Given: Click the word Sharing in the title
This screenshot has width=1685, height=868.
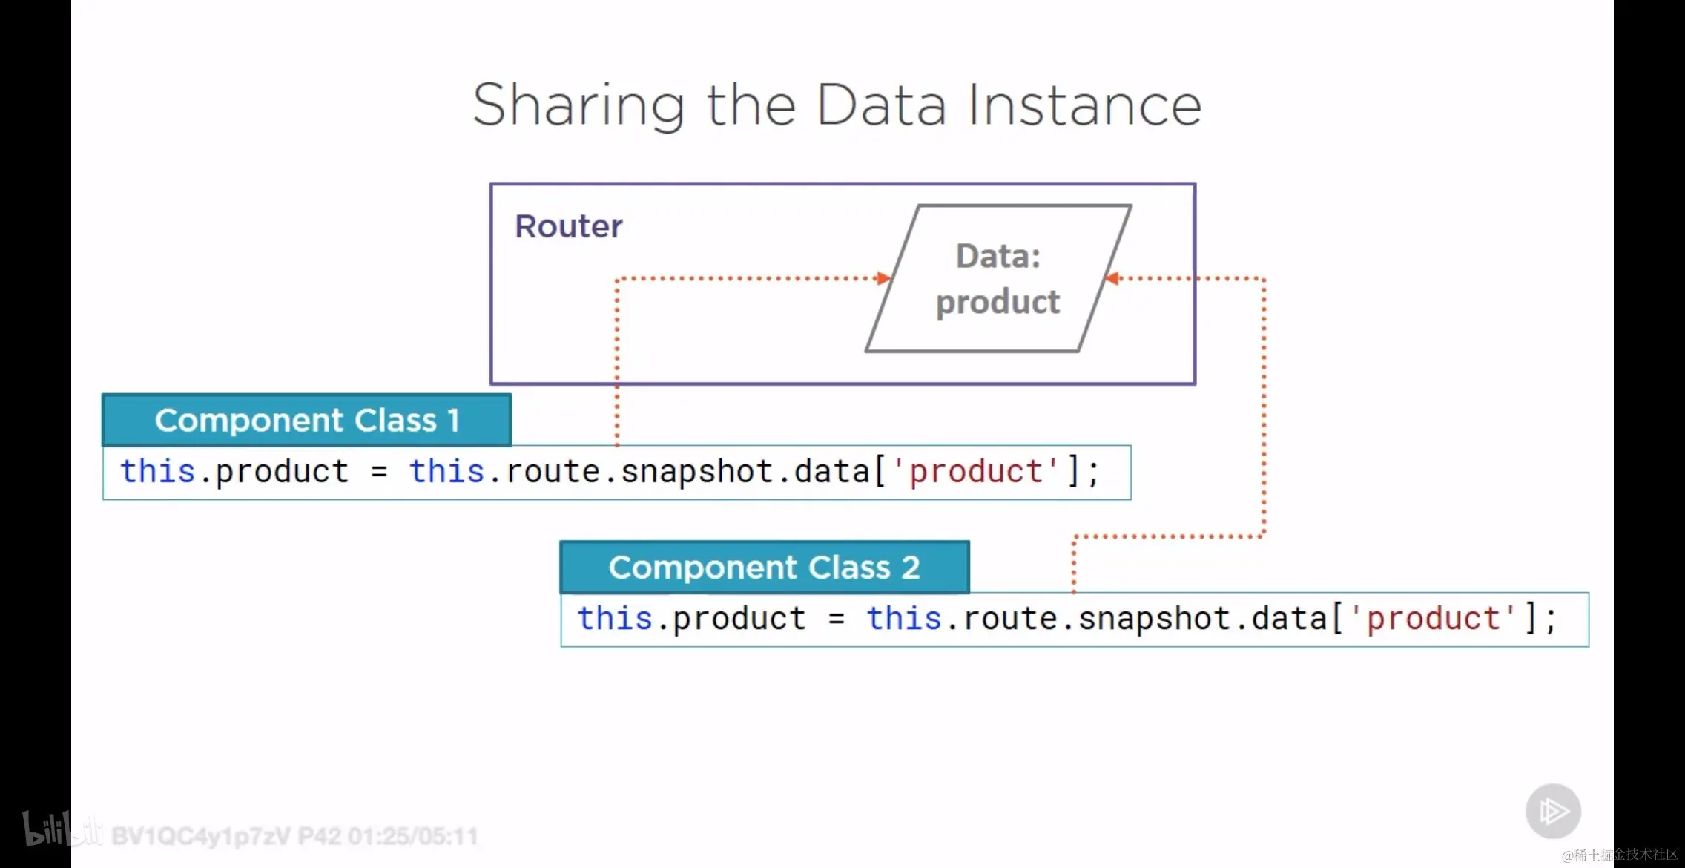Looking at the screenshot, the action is click(578, 106).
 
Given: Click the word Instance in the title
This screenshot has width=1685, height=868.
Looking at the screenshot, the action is click(1084, 105).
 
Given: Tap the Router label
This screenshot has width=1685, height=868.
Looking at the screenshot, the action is click(569, 226).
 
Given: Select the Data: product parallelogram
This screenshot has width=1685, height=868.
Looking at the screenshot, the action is click(998, 278).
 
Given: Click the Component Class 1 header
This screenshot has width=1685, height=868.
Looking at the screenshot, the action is click(307, 420).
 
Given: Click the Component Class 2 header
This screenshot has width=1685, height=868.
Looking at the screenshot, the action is click(765, 568).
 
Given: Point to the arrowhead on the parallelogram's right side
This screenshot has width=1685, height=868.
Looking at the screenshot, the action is click(1112, 278).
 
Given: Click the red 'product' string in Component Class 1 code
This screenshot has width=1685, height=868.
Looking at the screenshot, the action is click(976, 472).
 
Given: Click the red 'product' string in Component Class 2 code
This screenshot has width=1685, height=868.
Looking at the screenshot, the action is click(1434, 619).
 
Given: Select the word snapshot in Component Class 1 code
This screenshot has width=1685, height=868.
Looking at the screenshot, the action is click(697, 473).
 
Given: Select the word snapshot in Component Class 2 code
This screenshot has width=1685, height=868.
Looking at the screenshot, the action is click(1155, 619).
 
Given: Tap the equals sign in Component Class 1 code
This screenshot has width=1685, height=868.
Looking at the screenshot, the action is click(379, 472).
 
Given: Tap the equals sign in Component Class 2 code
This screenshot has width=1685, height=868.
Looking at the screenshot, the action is click(837, 619).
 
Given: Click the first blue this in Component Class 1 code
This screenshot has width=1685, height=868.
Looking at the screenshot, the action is click(158, 471).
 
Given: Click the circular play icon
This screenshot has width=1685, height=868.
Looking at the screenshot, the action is click(1553, 811).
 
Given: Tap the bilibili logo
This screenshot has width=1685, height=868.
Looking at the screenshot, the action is click(62, 829).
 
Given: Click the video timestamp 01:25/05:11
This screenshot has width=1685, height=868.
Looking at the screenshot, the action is click(413, 837).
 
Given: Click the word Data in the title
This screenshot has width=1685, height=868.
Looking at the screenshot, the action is click(882, 105).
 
